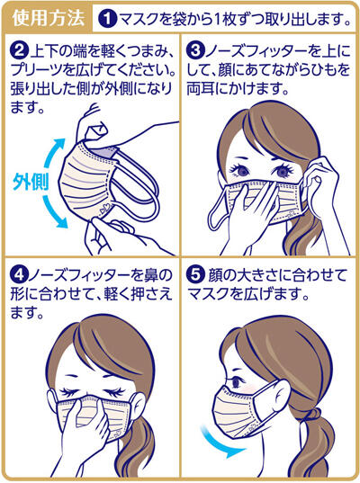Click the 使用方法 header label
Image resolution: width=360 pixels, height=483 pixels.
[x=48, y=17]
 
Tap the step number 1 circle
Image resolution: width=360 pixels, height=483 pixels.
[x=106, y=17]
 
